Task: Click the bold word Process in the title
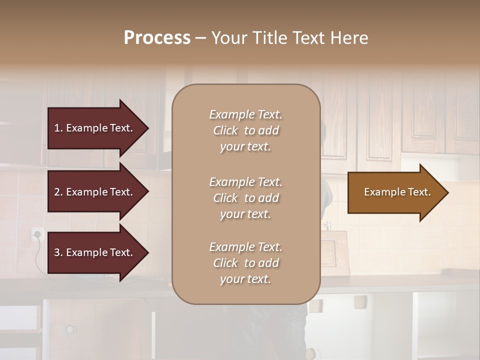(x=157, y=38)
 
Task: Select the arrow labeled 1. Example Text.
(x=95, y=128)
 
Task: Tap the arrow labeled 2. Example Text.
(x=95, y=192)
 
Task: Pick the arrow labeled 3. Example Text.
(x=95, y=252)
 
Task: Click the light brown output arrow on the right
(x=395, y=192)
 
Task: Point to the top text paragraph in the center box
(x=245, y=130)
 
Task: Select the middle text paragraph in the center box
(x=245, y=198)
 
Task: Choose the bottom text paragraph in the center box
(x=245, y=263)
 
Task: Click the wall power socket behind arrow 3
(x=36, y=233)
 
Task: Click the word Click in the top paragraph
(x=225, y=130)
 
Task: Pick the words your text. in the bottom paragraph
(x=245, y=279)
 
